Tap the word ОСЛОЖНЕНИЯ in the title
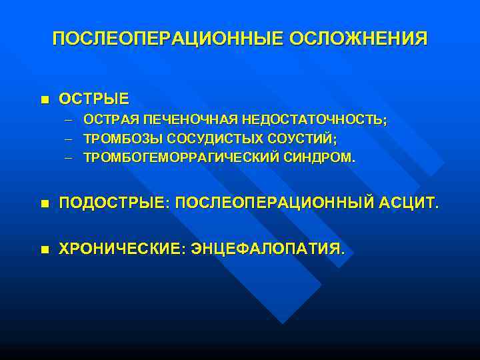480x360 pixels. point(359,38)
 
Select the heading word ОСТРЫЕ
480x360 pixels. point(94,99)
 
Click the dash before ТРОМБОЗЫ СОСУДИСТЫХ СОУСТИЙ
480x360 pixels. point(69,139)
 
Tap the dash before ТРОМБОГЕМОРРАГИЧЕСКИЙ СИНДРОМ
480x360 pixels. point(69,158)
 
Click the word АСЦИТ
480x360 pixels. point(411,203)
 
